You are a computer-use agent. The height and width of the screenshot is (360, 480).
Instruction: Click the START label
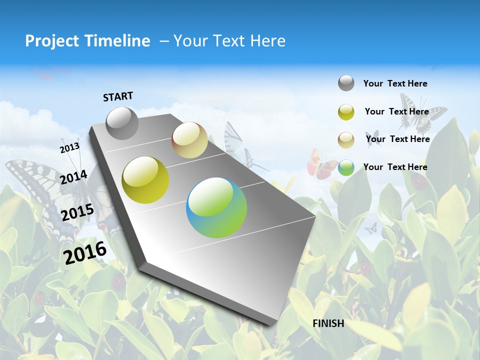click(118, 96)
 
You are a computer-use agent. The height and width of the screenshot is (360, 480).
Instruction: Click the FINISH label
click(328, 323)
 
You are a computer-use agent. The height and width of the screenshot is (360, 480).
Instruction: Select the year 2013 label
click(69, 147)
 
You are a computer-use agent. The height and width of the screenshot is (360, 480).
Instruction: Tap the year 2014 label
click(73, 177)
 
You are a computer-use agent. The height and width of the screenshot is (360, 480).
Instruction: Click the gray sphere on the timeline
click(122, 123)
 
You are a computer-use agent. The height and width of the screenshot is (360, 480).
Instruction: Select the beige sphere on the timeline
click(189, 140)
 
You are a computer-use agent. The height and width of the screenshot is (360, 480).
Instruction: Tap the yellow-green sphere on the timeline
click(145, 180)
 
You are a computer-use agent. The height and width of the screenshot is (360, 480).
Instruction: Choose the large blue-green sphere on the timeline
click(216, 207)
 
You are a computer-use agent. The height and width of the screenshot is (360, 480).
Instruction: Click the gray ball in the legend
click(346, 83)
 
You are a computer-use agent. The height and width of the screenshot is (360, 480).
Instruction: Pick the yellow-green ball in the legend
click(346, 112)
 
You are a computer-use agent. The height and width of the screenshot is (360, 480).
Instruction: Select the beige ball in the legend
click(346, 140)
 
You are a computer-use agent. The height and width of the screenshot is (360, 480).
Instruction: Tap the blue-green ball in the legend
click(346, 167)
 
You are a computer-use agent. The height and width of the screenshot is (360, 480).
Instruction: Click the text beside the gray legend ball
click(395, 83)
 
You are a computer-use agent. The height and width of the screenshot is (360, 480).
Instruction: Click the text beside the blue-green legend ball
click(395, 167)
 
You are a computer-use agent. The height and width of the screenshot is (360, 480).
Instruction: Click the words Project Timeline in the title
click(87, 41)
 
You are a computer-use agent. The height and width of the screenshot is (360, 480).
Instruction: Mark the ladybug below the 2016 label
click(118, 282)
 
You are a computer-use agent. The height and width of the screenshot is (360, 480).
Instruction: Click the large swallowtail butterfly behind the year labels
click(35, 190)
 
